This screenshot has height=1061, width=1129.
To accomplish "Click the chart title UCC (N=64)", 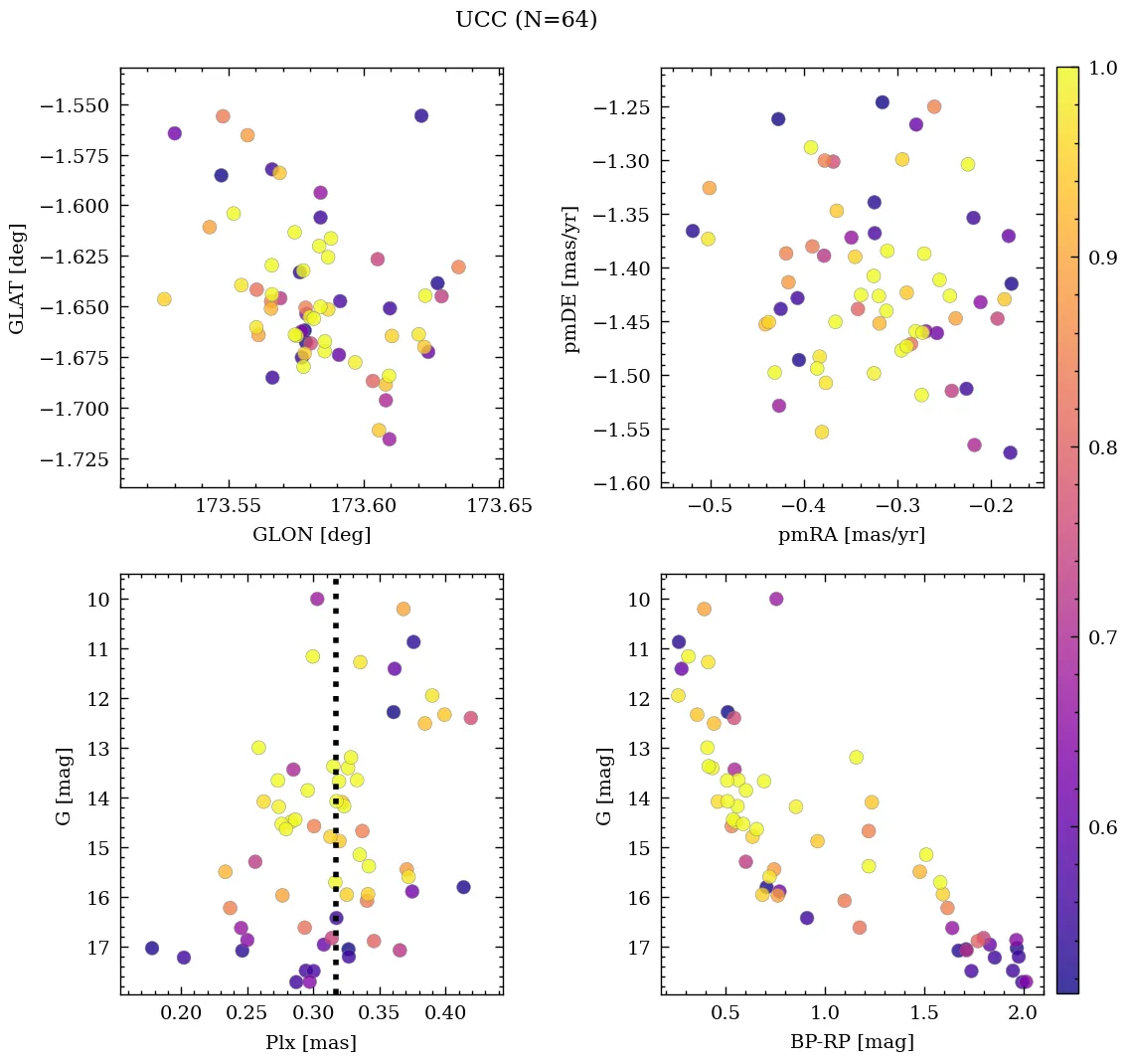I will click(x=526, y=20).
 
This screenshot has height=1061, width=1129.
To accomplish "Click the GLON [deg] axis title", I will click(x=311, y=535).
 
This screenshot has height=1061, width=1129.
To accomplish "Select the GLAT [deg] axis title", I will click(x=17, y=278).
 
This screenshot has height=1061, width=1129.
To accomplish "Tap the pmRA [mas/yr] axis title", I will click(x=852, y=535).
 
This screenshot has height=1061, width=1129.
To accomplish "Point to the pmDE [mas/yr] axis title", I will click(x=570, y=278).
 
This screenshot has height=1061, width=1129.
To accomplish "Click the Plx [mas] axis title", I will click(x=311, y=1043).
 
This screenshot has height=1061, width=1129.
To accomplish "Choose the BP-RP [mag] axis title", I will click(x=852, y=1043).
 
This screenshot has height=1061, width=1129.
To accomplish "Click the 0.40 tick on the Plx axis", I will click(x=445, y=1015).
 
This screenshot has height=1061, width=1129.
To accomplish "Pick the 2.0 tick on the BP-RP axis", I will click(x=1022, y=1015).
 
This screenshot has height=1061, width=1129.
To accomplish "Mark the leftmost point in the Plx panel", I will click(x=152, y=949).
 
